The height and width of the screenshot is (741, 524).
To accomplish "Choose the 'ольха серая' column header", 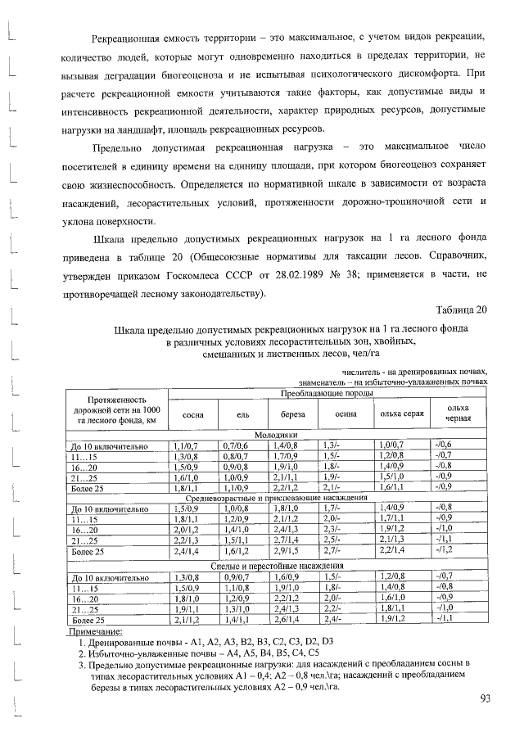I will tap(402, 414).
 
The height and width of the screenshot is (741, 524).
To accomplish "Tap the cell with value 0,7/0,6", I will tap(235, 445).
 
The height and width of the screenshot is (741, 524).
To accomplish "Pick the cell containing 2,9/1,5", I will tap(286, 553).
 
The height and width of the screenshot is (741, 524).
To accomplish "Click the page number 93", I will tap(484, 698).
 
